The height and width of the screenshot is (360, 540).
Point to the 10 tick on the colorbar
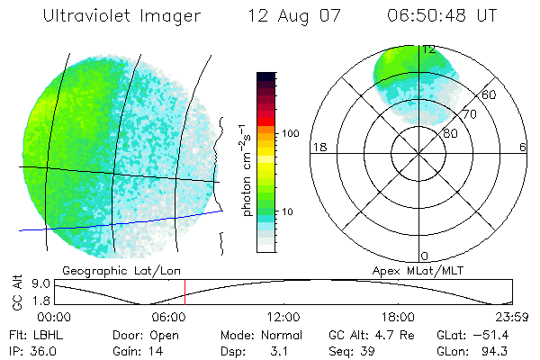(289, 211)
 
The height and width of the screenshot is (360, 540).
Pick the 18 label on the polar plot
(318, 148)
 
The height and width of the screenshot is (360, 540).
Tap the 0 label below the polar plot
(425, 256)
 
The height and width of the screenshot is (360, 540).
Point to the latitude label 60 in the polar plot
(490, 94)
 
